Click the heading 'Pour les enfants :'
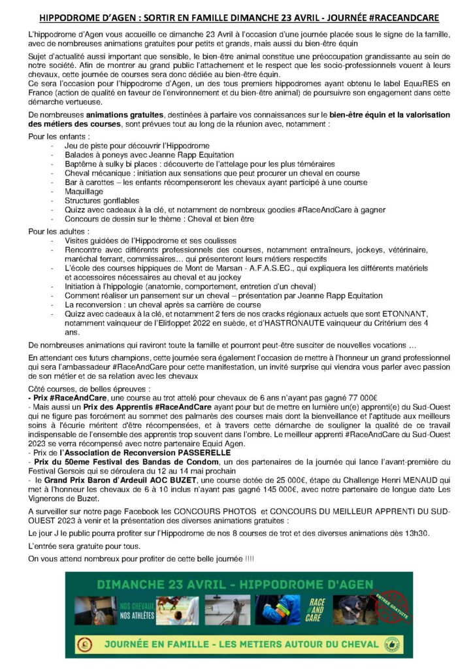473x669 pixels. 56,136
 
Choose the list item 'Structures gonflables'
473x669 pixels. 102,201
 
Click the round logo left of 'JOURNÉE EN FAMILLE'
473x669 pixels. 84,644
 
